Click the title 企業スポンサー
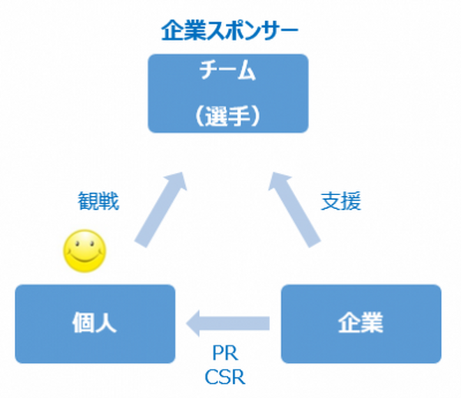click(230, 31)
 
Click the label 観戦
click(98, 201)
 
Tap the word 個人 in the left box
click(95, 323)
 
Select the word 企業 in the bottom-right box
click(361, 323)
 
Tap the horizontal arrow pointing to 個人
click(227, 323)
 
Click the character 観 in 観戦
click(88, 201)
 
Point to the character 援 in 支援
click(350, 201)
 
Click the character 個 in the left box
click(85, 323)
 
